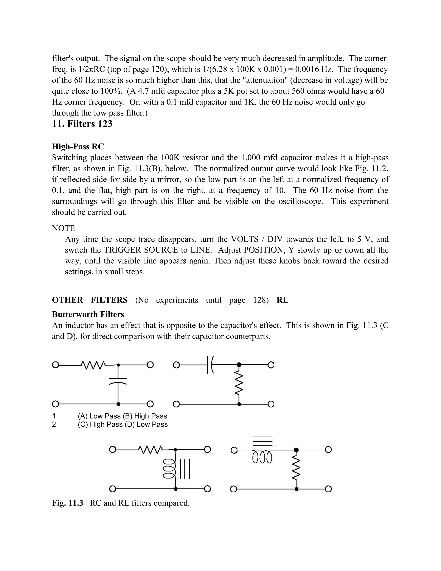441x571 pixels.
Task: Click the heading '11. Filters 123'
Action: point(82,124)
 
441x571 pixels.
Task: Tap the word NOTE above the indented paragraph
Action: point(63,228)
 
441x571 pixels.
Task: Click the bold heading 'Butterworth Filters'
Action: point(88,314)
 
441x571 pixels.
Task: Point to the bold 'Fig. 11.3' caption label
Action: point(67,503)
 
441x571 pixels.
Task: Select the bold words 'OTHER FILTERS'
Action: point(90,300)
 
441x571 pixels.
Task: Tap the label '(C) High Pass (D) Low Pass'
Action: point(123,424)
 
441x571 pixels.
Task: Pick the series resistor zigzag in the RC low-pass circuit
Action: point(93,364)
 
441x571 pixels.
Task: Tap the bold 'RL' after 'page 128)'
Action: point(282,300)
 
